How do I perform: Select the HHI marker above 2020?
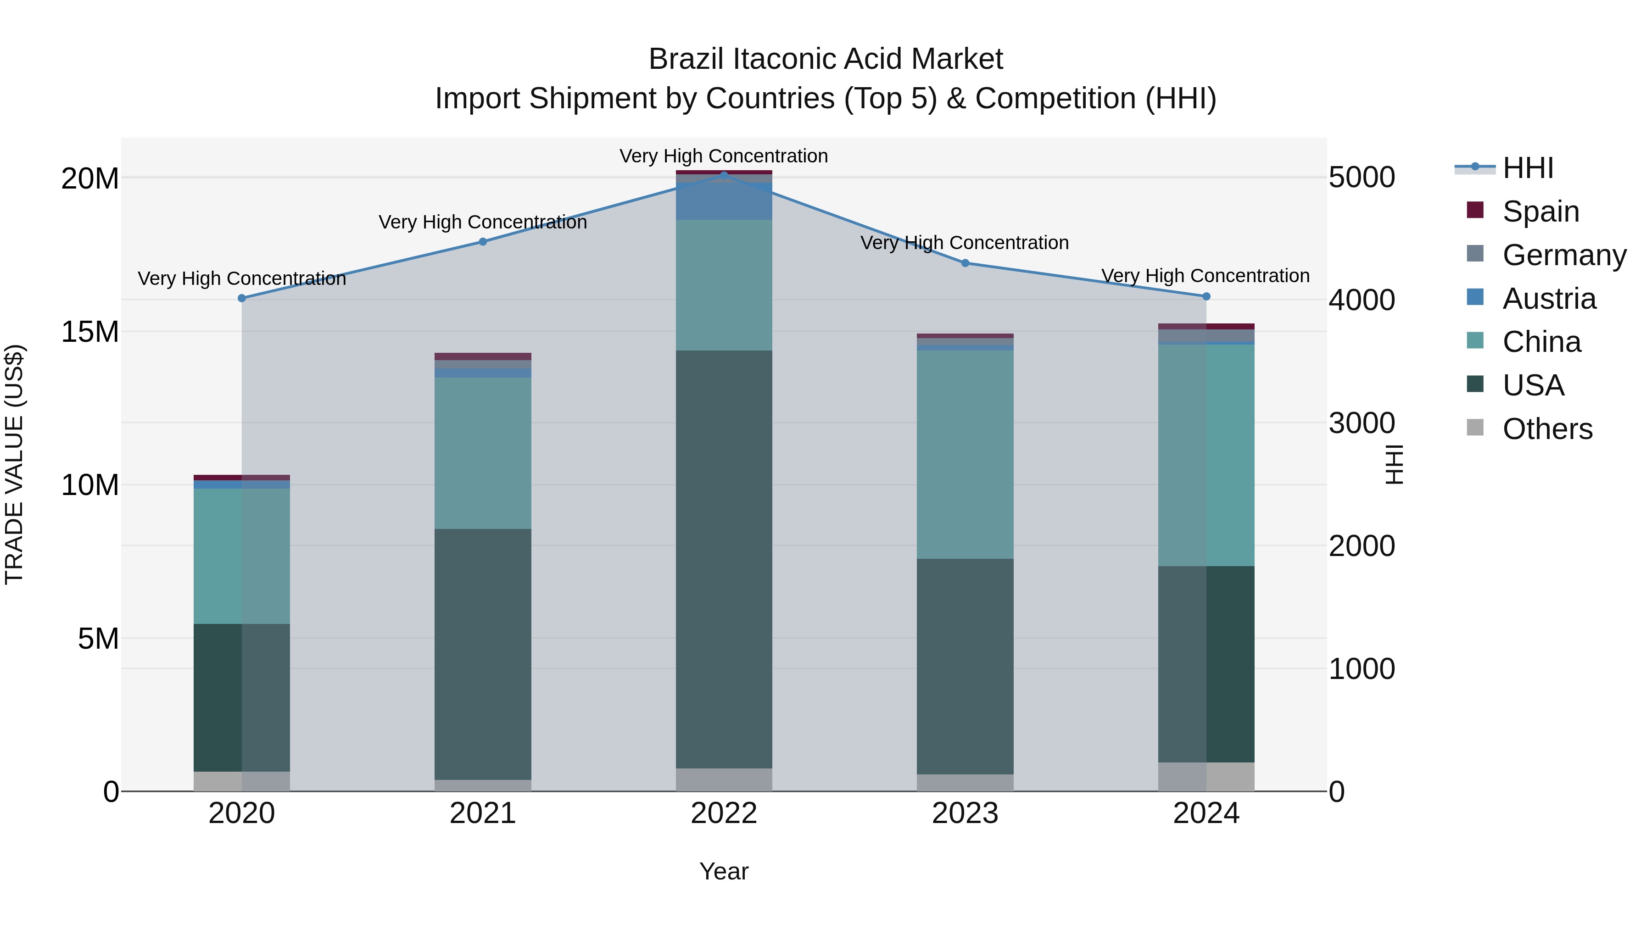click(x=242, y=298)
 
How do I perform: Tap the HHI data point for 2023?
click(x=965, y=263)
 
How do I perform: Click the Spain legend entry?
click(x=1540, y=211)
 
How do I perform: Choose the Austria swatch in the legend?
click(x=1475, y=297)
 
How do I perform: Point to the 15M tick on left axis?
click(x=90, y=332)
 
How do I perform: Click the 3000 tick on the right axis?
click(x=1362, y=423)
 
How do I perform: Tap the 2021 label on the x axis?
click(x=483, y=813)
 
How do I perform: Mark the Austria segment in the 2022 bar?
click(x=724, y=201)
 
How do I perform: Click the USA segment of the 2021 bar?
click(x=483, y=654)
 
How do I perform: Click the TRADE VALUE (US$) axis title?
click(x=14, y=464)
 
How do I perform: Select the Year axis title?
click(x=724, y=871)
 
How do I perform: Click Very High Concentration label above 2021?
click(x=483, y=222)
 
